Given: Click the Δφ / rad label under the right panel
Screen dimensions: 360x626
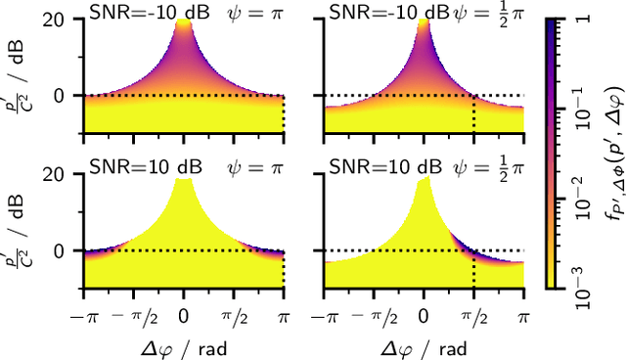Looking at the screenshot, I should pos(424,345).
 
